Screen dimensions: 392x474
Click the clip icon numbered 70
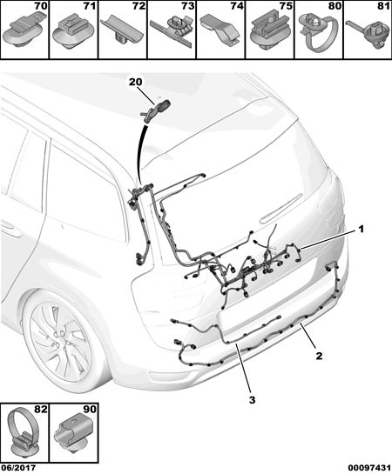click(x=24, y=32)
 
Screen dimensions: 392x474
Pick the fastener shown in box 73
click(x=172, y=30)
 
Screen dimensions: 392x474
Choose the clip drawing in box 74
click(x=220, y=30)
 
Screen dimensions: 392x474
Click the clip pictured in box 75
click(x=270, y=31)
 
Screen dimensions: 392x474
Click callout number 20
click(x=135, y=82)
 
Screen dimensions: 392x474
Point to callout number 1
click(x=361, y=230)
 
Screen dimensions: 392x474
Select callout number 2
click(x=319, y=356)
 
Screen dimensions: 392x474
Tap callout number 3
click(x=252, y=400)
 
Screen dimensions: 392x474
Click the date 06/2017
click(x=18, y=468)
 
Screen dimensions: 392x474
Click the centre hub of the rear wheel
click(x=58, y=336)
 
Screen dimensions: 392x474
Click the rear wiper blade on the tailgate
click(x=280, y=209)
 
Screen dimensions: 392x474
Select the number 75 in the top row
click(x=286, y=6)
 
